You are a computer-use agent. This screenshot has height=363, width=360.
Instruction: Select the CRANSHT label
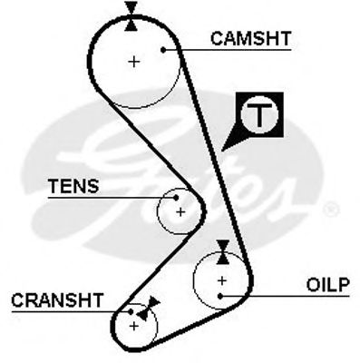(57, 299)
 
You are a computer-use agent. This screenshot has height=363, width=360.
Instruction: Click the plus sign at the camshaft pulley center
(134, 62)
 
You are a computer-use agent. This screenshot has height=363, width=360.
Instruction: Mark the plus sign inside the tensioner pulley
(180, 211)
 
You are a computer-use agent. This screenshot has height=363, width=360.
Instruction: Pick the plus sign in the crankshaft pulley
(134, 324)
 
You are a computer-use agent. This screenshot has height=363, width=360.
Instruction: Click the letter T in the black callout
(260, 115)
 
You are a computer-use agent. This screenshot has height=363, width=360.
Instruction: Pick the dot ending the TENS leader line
(174, 197)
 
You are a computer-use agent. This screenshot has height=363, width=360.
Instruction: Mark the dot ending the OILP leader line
(220, 295)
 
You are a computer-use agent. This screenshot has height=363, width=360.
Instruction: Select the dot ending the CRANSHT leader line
(131, 311)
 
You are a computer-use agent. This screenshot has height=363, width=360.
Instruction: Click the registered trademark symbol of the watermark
(331, 211)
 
